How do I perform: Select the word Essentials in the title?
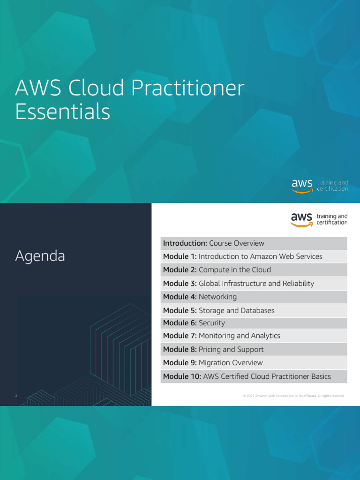click(63, 112)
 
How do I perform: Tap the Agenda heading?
click(40, 256)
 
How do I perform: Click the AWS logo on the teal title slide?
click(302, 185)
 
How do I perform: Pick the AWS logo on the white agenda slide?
click(302, 219)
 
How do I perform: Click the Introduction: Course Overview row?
click(214, 243)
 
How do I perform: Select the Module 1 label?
click(180, 256)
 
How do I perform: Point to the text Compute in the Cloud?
click(234, 270)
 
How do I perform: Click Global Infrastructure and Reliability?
click(256, 284)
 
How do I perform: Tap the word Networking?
click(217, 297)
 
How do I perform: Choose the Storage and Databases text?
click(236, 310)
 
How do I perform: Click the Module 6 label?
click(180, 323)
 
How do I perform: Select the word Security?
click(212, 323)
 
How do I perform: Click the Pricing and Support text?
click(231, 349)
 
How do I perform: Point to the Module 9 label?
click(180, 363)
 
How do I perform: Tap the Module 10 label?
click(182, 376)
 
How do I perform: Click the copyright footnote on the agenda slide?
click(293, 396)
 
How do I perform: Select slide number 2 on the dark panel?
click(16, 396)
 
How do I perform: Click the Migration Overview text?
click(231, 363)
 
